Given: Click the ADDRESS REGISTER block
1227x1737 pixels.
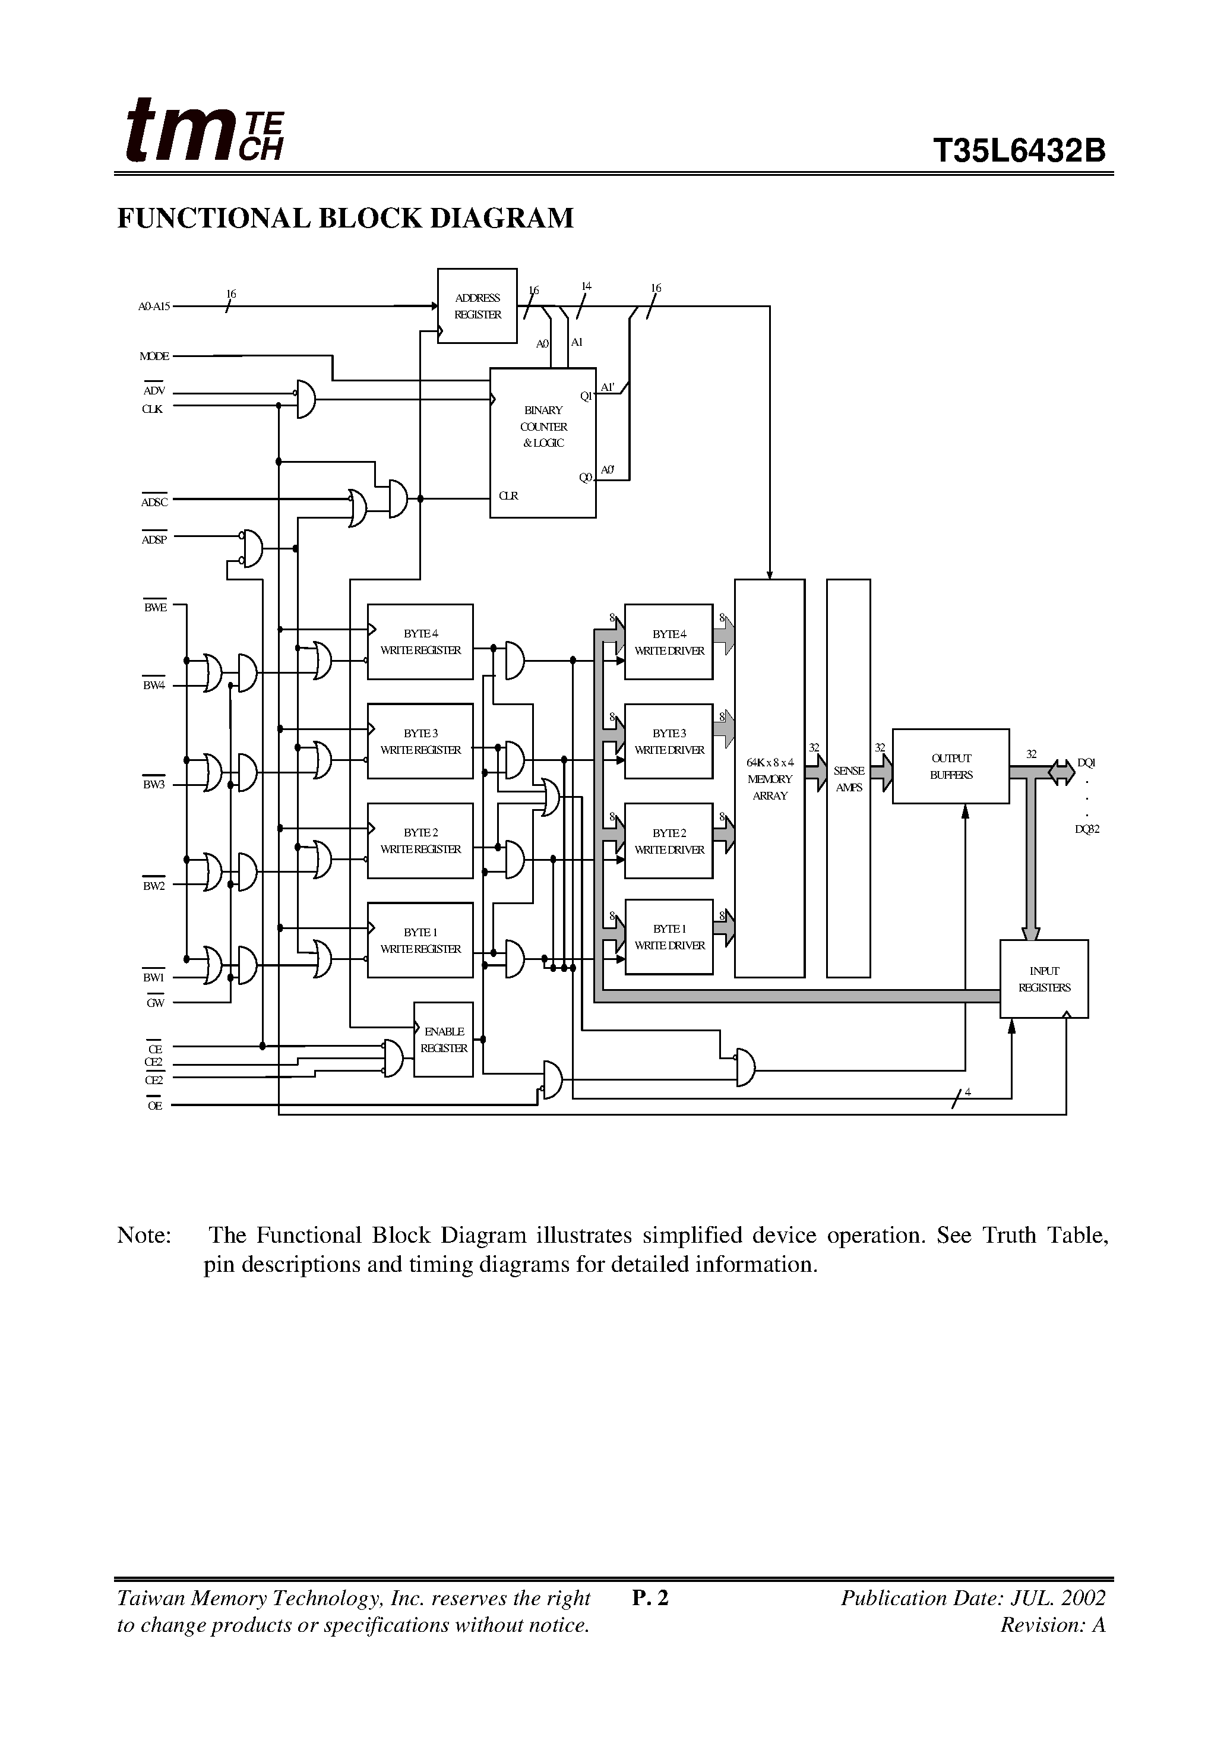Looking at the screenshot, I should coord(477,306).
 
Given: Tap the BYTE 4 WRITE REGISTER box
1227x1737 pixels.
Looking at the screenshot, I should coord(420,642).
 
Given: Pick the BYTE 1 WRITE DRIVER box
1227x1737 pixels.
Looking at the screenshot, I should coord(669,937).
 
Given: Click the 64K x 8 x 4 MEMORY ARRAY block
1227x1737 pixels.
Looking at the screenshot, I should coord(769,778).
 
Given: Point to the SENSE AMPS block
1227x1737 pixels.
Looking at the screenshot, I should coord(848,778).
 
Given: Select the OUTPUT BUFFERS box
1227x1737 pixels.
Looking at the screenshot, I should coord(950,766).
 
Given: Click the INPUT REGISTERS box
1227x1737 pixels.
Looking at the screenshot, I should coord(1044,979).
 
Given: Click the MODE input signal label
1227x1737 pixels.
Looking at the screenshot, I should coord(154,356).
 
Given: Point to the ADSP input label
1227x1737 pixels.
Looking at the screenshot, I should coord(154,539).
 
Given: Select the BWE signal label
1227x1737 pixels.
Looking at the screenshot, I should coord(155,608).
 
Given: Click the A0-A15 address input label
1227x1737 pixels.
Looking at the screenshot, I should coord(154,307).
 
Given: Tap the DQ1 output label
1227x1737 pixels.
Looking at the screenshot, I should coord(1086,763).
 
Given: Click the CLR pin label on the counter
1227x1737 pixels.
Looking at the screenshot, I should coord(508,495).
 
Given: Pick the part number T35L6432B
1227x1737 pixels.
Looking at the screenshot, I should coord(1019,150).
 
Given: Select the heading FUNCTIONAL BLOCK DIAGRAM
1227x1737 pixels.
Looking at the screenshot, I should coord(346,219).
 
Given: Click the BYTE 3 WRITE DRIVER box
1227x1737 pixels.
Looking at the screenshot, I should coord(669,741).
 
